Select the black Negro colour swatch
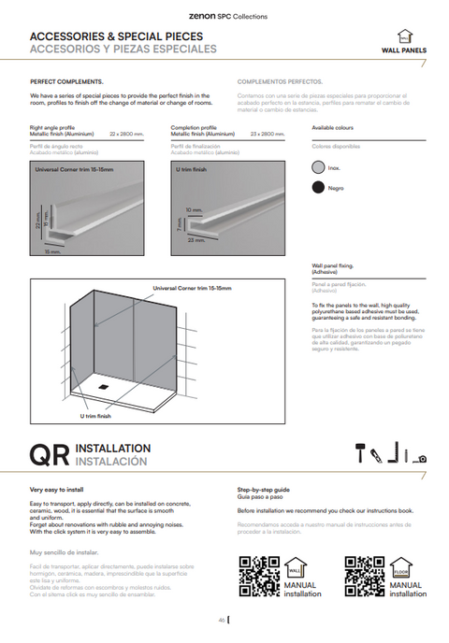(x=318, y=187)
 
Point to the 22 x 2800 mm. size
(x=126, y=134)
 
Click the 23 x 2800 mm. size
(x=268, y=134)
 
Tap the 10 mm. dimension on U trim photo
(x=194, y=209)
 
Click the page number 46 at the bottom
(x=222, y=620)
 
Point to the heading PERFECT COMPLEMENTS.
(x=67, y=81)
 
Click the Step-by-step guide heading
(x=264, y=489)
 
